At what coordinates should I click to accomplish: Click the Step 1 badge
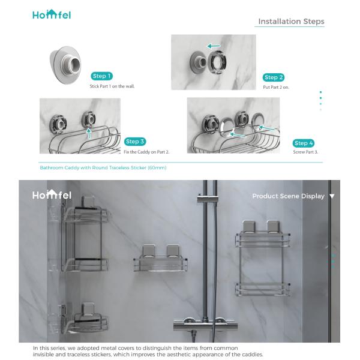pyautogui.click(x=102, y=76)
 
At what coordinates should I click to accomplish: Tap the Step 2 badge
pyautogui.click(x=273, y=77)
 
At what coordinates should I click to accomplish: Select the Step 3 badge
pyautogui.click(x=135, y=142)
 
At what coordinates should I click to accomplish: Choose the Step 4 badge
pyautogui.click(x=304, y=143)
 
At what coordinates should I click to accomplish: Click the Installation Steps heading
pyautogui.click(x=291, y=22)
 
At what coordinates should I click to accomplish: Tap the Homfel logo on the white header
pyautogui.click(x=52, y=14)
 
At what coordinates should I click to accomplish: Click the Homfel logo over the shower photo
pyautogui.click(x=52, y=195)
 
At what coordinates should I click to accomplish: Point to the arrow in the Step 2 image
pyautogui.click(x=214, y=46)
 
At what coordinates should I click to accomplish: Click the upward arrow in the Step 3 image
pyautogui.click(x=89, y=132)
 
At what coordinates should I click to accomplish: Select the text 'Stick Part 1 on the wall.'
pyautogui.click(x=112, y=86)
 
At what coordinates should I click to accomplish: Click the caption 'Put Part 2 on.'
pyautogui.click(x=276, y=87)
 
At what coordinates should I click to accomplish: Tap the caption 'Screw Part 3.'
pyautogui.click(x=305, y=152)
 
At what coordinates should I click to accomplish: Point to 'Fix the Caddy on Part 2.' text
pyautogui.click(x=147, y=152)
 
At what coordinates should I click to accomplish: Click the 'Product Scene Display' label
pyautogui.click(x=288, y=196)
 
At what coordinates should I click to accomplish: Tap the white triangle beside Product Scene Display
pyautogui.click(x=332, y=196)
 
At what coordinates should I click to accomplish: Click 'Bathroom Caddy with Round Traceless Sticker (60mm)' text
pyautogui.click(x=103, y=168)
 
